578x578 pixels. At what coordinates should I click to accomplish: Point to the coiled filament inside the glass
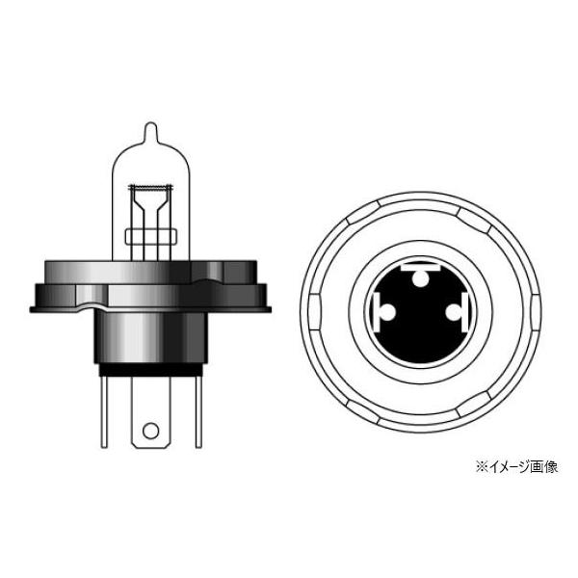coord(149,185)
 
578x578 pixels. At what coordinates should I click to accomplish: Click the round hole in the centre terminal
coord(149,431)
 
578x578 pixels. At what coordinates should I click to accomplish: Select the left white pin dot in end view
coord(385,314)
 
